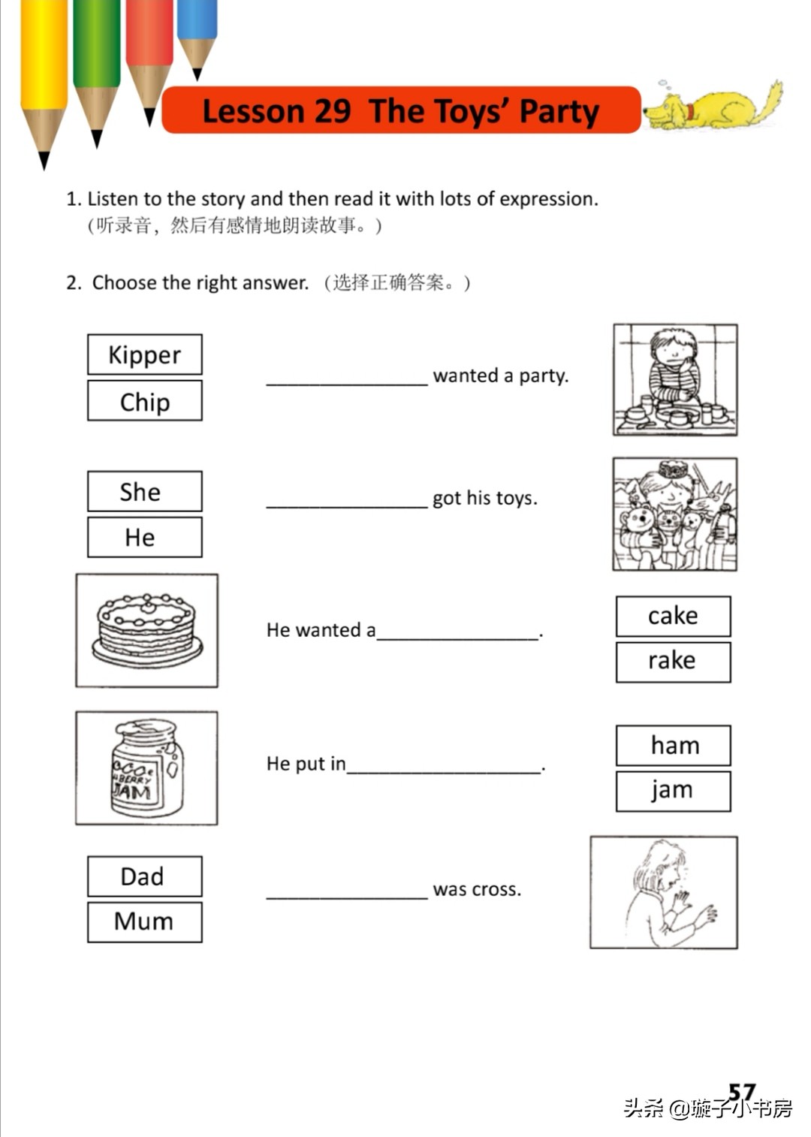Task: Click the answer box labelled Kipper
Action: pyautogui.click(x=145, y=354)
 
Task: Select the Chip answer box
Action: pyautogui.click(x=145, y=401)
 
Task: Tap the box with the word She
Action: pyautogui.click(x=145, y=491)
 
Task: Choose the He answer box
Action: pyautogui.click(x=145, y=537)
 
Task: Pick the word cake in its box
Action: pyautogui.click(x=673, y=616)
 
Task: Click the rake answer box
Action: pyautogui.click(x=673, y=661)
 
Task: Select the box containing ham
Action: pyautogui.click(x=673, y=745)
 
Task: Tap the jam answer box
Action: pyautogui.click(x=673, y=790)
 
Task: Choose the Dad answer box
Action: pyautogui.click(x=145, y=876)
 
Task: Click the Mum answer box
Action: pyautogui.click(x=145, y=921)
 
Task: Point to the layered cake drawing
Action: pyautogui.click(x=147, y=631)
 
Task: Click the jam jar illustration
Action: pyautogui.click(x=147, y=768)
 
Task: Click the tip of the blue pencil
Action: pyautogui.click(x=197, y=74)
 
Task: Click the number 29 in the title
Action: pyautogui.click(x=331, y=111)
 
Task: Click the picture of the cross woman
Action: pyautogui.click(x=664, y=892)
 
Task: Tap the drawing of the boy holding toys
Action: pyautogui.click(x=674, y=514)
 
